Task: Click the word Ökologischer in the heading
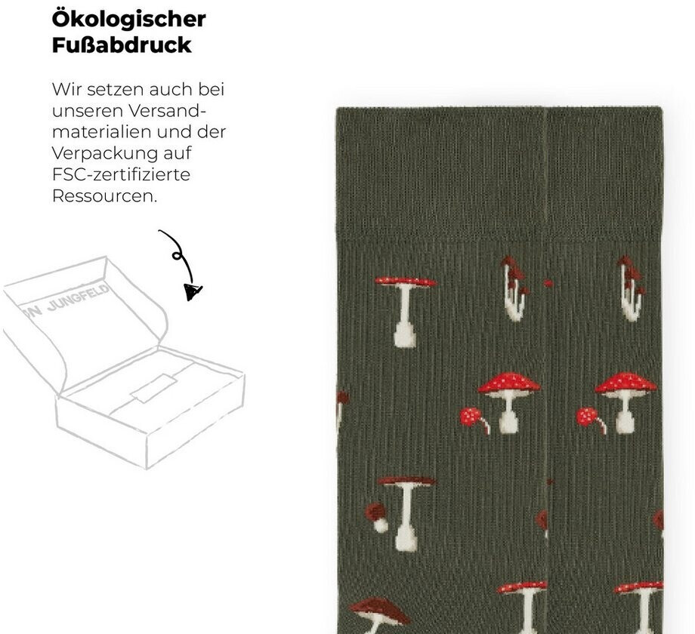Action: click(128, 19)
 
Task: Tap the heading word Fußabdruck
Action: click(122, 45)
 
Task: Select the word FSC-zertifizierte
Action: click(121, 174)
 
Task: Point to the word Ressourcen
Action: click(104, 195)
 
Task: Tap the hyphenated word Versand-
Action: click(168, 111)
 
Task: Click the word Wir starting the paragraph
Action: click(66, 89)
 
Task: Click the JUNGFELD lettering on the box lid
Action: click(78, 300)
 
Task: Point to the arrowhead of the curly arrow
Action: click(193, 292)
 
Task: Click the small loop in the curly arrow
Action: click(178, 255)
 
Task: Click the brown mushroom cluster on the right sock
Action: click(630, 288)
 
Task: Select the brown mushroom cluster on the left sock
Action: click(514, 288)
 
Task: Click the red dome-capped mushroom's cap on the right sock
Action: click(625, 383)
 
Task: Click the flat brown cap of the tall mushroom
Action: click(406, 481)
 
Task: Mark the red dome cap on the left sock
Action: click(509, 382)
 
